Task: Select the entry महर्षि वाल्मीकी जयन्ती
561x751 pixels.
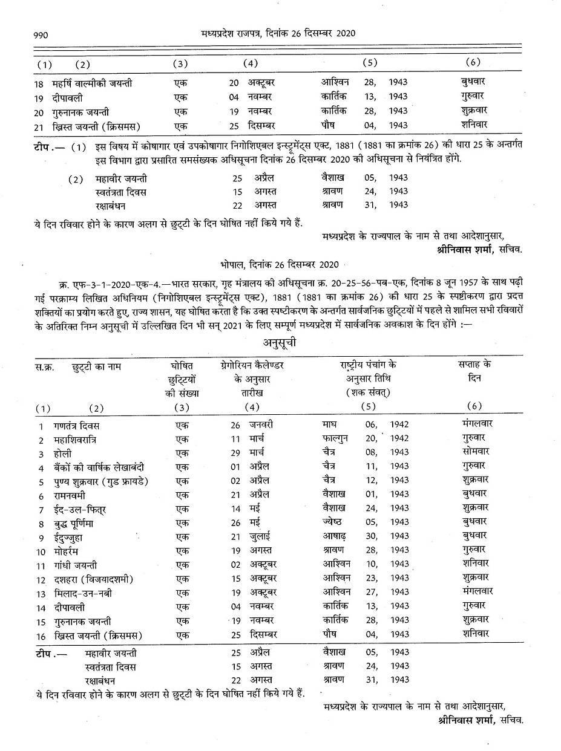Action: (x=92, y=83)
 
